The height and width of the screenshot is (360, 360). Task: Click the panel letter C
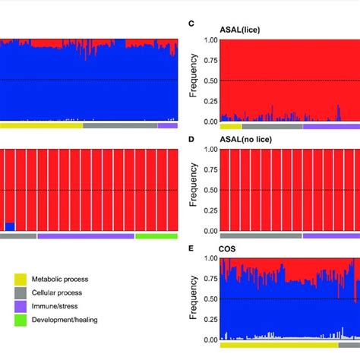192,24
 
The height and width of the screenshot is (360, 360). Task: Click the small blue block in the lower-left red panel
9,226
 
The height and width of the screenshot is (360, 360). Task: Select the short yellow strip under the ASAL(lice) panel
230,127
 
